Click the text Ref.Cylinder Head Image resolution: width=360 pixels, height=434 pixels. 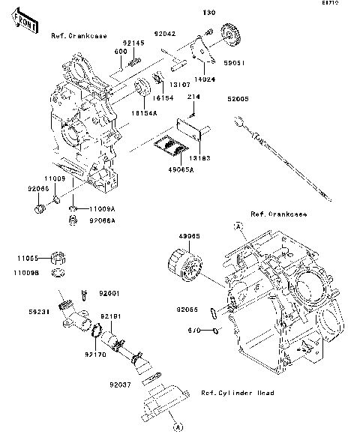click(237, 393)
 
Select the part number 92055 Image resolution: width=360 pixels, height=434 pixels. click(187, 309)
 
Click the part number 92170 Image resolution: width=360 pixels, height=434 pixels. click(94, 353)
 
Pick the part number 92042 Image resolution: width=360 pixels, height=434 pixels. click(165, 34)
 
